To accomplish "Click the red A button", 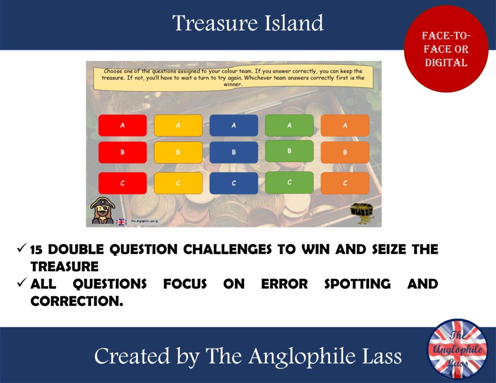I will point(123,125).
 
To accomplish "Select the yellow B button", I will point(178,152).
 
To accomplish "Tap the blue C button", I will point(233,183).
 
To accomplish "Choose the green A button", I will point(289,125).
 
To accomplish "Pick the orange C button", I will point(345,183).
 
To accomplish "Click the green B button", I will point(289,151).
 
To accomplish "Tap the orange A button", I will point(345,125).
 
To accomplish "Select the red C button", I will point(123,183).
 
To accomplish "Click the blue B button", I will point(233,152).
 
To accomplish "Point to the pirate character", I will point(103,211).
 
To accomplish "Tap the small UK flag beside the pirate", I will point(121,222).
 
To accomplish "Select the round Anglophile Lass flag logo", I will point(457,349).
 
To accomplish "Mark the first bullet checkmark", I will point(21,248).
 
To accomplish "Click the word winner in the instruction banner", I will point(233,84).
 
